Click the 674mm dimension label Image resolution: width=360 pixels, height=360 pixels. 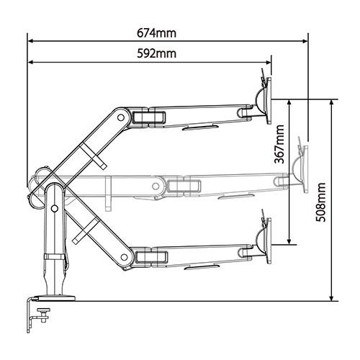click(156, 33)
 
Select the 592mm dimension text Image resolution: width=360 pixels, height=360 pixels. click(156, 53)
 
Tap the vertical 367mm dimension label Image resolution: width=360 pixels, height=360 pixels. click(279, 144)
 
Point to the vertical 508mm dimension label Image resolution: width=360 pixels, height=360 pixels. click(320, 202)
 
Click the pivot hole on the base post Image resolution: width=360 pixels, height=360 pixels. click(55, 209)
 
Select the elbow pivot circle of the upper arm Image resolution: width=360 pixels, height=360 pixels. click(121, 117)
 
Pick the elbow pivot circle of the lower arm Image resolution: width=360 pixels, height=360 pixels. click(124, 257)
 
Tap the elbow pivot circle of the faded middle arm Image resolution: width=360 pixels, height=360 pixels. click(156, 186)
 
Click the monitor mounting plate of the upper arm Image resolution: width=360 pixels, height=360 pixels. click(269, 101)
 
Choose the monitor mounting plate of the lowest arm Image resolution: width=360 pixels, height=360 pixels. click(269, 240)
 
